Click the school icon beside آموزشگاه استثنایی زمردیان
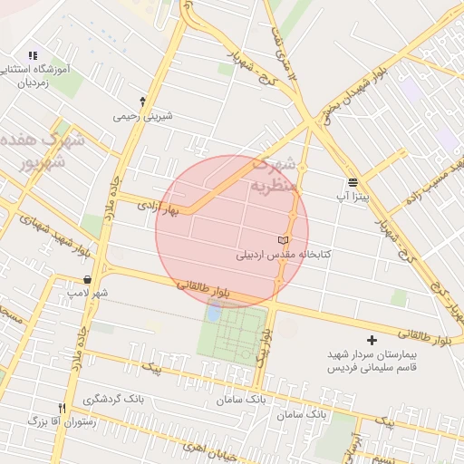[34, 55]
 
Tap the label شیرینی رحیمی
[142, 116]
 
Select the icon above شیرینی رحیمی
[142, 101]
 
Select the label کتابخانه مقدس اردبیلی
[285, 255]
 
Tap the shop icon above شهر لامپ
[87, 279]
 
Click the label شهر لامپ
[87, 294]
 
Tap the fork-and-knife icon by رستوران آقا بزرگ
[62, 407]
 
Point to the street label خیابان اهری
[208, 449]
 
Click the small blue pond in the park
[213, 313]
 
